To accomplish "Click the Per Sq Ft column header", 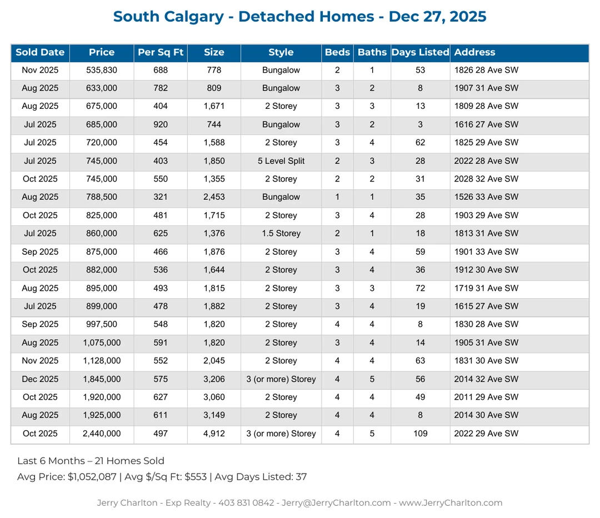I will (161, 53).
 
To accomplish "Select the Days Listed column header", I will (420, 53).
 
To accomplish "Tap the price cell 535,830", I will (102, 71).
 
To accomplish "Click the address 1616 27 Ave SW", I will (486, 125).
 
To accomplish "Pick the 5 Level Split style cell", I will (281, 161).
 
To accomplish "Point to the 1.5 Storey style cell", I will (281, 234).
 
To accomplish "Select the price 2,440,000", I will (102, 434).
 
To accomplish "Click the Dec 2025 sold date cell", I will (40, 379).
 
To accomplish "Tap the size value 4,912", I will (214, 434).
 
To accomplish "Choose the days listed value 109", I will (420, 434).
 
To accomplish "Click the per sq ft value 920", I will (161, 125).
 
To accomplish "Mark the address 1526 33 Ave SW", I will (486, 197).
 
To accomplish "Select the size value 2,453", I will (214, 197).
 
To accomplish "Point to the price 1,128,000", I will (102, 361).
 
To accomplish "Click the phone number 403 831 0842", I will (246, 503).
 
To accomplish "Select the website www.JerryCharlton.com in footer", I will (451, 503).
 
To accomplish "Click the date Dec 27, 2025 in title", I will (437, 17).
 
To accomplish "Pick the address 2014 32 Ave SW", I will (486, 379).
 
